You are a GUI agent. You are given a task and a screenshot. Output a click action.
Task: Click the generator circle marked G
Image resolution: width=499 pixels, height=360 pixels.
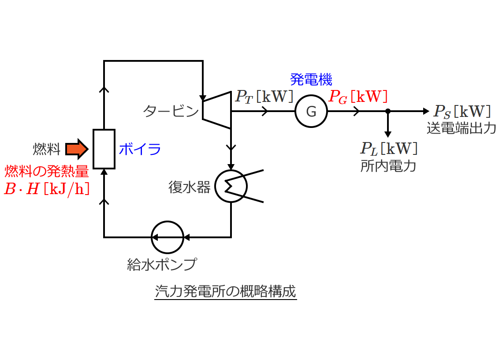311,111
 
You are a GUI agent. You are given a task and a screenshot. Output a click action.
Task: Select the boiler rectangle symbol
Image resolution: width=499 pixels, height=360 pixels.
104,149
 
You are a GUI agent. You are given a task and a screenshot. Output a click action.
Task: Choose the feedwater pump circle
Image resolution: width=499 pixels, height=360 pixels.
168,237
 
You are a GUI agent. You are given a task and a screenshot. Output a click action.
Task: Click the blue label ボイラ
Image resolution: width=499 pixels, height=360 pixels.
140,149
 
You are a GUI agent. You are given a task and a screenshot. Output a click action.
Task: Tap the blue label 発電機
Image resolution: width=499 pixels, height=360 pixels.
311,79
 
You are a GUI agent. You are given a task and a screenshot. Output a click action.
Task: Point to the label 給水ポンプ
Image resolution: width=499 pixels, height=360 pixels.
161,264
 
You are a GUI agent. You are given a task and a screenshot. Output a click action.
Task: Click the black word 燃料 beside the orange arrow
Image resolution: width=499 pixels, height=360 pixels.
46,149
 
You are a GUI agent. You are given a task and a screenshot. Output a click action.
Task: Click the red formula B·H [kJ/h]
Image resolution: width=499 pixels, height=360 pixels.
47,189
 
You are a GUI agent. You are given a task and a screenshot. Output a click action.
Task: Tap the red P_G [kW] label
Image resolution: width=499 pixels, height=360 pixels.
358,96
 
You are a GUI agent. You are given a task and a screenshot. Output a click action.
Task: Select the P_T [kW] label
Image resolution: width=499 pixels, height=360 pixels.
264,96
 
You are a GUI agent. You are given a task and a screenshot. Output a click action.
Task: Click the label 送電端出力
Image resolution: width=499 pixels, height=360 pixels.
461,128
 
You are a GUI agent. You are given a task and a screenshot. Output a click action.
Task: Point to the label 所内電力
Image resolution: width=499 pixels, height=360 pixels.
388,166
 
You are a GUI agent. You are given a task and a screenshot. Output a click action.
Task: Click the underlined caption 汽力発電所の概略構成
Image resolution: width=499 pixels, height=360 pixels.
226,292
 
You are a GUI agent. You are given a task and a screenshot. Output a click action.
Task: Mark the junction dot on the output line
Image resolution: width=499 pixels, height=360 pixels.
388,111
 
